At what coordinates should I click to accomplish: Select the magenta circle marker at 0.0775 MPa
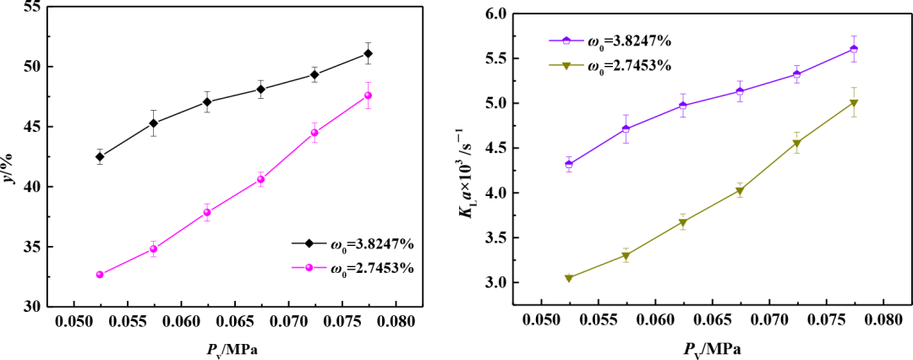368,95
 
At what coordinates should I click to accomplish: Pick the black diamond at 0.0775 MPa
368,53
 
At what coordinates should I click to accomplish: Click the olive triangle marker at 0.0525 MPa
568,278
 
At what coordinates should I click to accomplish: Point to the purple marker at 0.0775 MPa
854,48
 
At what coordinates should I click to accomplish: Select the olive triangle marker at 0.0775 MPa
854,103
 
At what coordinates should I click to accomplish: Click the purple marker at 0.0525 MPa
568,164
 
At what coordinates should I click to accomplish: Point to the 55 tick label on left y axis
32,7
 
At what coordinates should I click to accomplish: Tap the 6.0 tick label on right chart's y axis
517,14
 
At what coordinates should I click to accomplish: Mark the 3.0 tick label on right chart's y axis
517,282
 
